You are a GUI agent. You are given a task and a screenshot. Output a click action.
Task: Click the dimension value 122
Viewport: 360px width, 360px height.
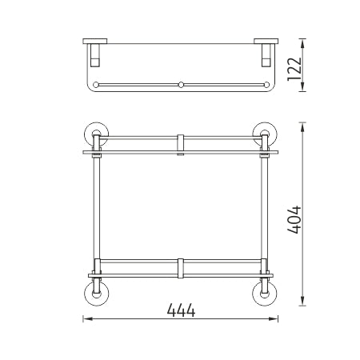[x=294, y=69]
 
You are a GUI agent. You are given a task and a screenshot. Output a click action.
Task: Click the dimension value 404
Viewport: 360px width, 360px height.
[x=294, y=220]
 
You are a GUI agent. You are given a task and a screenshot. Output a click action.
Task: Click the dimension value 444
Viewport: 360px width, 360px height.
[x=181, y=310]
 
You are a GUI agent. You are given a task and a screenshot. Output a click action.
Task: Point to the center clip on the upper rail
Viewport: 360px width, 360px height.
[x=181, y=144]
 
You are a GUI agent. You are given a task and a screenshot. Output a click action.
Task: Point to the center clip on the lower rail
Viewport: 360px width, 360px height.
[x=181, y=268]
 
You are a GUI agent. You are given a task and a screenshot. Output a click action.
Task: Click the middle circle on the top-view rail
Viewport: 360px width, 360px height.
[x=181, y=85]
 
